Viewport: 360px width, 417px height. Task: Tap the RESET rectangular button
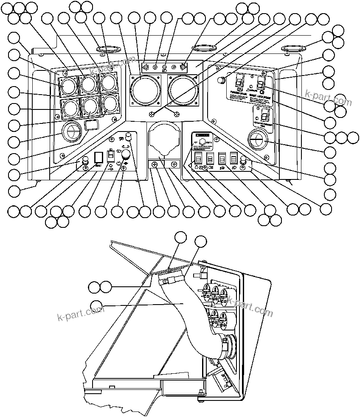(x=98, y=158)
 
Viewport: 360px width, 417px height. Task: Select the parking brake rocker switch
(x=239, y=81)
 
